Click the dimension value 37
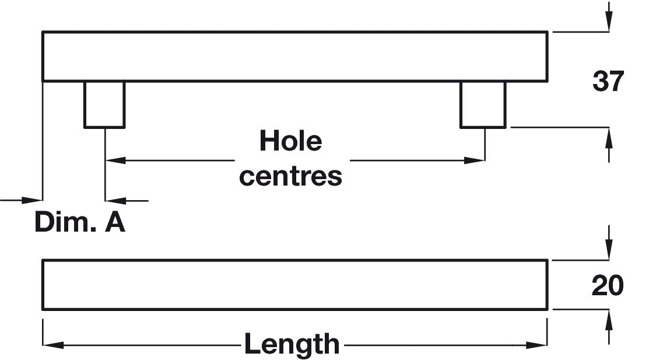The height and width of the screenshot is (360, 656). (x=608, y=81)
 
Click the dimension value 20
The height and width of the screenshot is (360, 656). (x=608, y=286)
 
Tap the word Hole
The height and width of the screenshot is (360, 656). (x=290, y=141)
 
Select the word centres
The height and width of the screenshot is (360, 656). (x=290, y=176)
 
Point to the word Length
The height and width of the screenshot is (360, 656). (x=292, y=344)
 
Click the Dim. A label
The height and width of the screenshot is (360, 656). (x=80, y=222)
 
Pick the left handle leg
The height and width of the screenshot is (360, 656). (x=104, y=104)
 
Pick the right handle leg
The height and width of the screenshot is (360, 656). (x=483, y=104)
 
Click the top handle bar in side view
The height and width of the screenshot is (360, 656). (x=294, y=57)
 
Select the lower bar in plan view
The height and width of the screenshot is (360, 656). (x=294, y=285)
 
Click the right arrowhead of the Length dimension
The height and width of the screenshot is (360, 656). (x=537, y=345)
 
